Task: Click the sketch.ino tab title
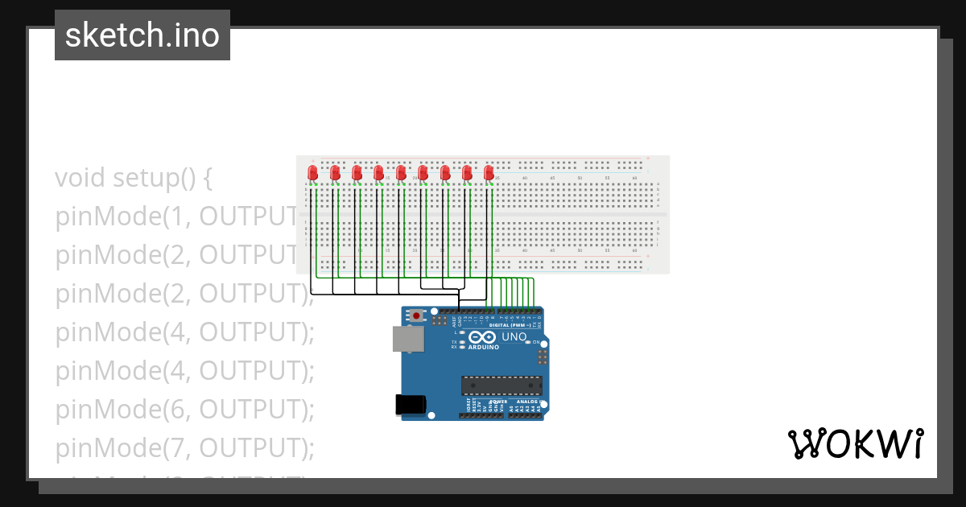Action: tap(142, 35)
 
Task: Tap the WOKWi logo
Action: tap(855, 443)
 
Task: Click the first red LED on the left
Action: tap(313, 172)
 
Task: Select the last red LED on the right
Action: tap(488, 172)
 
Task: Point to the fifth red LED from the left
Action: tap(401, 172)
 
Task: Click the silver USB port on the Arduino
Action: tap(408, 339)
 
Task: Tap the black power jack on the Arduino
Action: tap(411, 405)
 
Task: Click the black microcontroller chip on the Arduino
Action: tap(501, 385)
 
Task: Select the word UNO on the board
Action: tap(514, 337)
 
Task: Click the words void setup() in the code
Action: tap(134, 177)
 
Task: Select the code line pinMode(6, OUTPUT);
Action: tap(184, 410)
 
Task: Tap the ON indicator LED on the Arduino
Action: tap(528, 343)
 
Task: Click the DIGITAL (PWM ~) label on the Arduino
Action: tap(510, 324)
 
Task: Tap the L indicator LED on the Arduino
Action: tap(462, 332)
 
